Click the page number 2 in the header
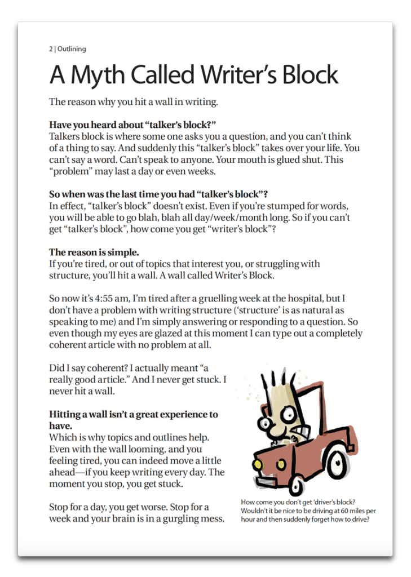[51, 49]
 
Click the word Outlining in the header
[72, 49]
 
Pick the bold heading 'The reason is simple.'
[94, 252]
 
